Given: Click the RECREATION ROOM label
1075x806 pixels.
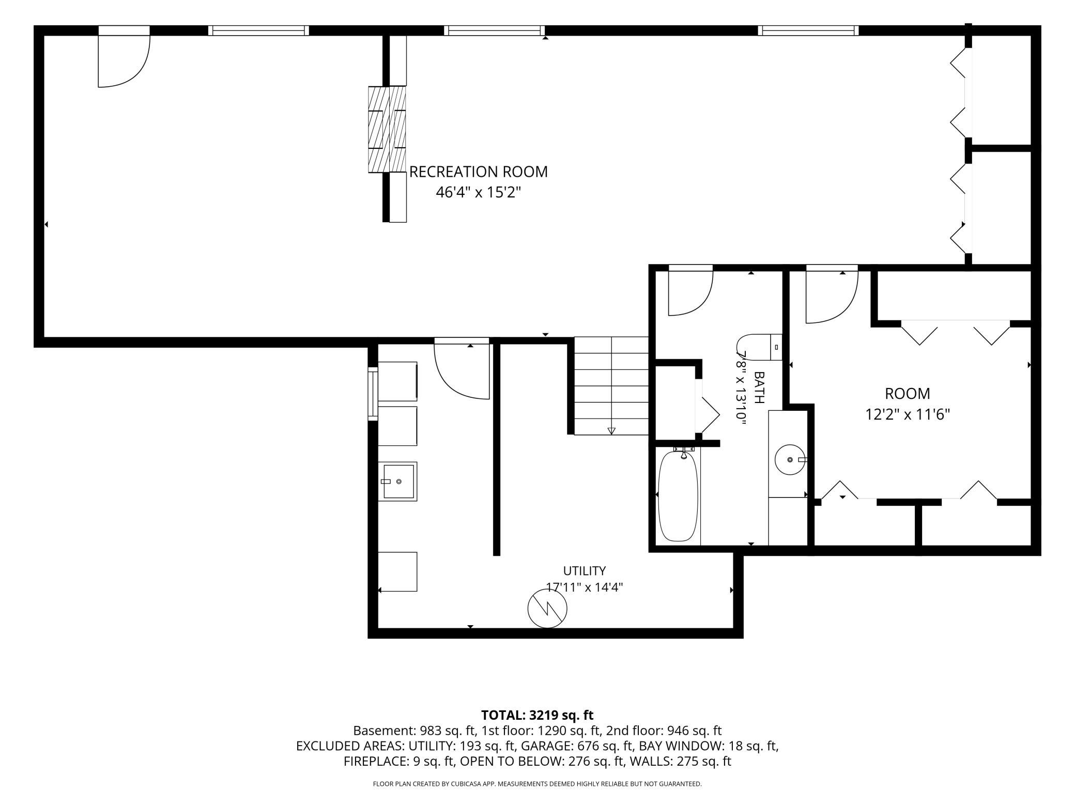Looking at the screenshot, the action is [x=478, y=172].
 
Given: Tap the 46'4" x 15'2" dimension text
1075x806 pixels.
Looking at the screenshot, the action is [x=478, y=193].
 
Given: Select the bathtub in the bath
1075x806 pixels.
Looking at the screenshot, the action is [x=678, y=496].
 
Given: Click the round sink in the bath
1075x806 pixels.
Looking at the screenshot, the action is [x=790, y=459].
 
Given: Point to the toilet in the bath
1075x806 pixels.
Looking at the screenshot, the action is [x=759, y=347].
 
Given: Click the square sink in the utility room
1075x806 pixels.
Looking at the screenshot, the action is [x=398, y=482].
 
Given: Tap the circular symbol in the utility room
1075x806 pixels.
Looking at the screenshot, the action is [x=547, y=609].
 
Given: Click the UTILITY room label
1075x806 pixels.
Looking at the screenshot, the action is [x=584, y=571].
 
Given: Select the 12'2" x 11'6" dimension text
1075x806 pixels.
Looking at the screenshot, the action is [x=908, y=414].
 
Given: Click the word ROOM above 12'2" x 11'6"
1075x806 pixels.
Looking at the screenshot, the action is [x=908, y=394].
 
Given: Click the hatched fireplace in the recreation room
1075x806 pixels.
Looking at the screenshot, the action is [x=387, y=129].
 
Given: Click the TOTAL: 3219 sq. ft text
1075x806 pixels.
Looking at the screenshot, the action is [x=537, y=715].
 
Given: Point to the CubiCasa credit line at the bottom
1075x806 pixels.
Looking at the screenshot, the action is [x=537, y=784].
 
